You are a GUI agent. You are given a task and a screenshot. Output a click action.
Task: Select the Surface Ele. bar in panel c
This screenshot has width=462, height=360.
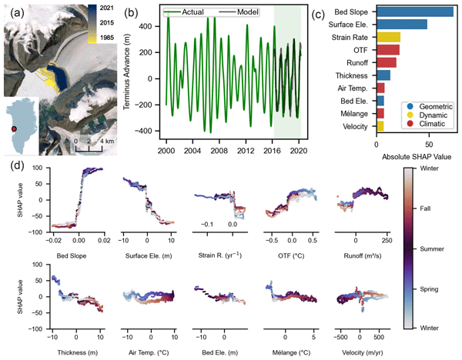coord(401,25)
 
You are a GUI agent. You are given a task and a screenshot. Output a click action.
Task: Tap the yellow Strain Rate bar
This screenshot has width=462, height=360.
coord(388,37)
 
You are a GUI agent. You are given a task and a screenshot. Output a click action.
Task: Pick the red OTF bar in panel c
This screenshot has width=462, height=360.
coord(388,50)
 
